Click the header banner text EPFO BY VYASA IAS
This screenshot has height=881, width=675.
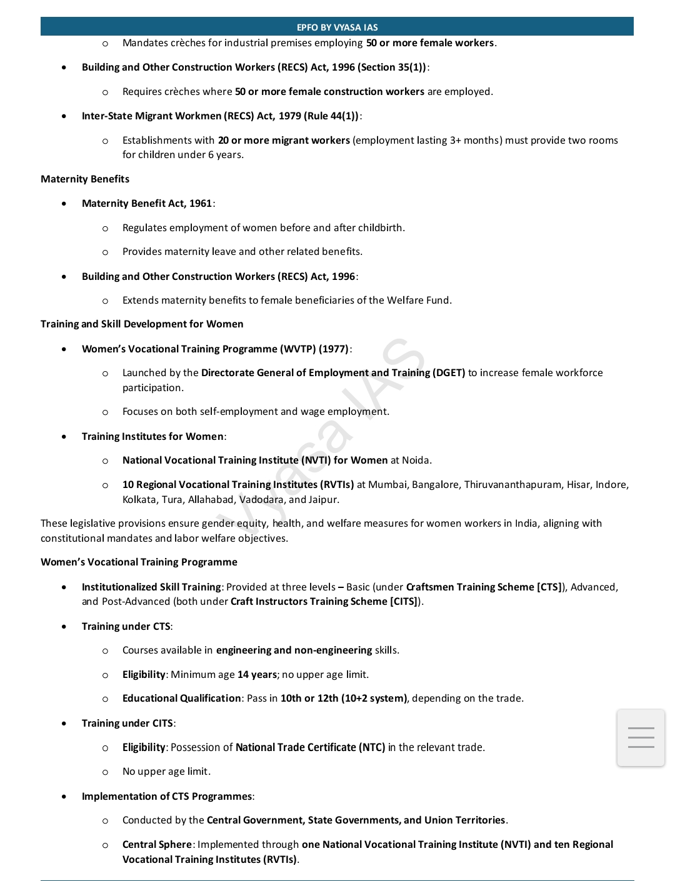click(337, 27)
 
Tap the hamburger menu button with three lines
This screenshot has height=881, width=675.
click(641, 737)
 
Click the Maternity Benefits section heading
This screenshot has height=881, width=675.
click(85, 179)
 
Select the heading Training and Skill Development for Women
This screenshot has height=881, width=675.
click(142, 324)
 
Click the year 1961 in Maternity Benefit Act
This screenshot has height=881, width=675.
click(201, 204)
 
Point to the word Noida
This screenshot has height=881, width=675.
click(416, 460)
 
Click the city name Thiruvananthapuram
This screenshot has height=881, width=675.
click(512, 485)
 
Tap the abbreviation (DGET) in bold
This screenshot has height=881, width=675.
click(449, 373)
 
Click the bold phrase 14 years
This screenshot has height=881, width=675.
click(257, 675)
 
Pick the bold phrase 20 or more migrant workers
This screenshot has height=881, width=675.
click(284, 141)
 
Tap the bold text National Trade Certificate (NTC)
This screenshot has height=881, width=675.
click(310, 747)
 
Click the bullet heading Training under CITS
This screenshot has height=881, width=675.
click(127, 724)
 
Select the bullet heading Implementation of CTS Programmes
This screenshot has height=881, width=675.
click(167, 797)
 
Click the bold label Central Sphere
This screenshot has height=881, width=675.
click(157, 845)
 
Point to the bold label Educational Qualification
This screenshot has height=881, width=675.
click(181, 699)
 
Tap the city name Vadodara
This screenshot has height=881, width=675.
click(261, 500)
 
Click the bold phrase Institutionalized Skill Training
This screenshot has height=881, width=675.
click(151, 587)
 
